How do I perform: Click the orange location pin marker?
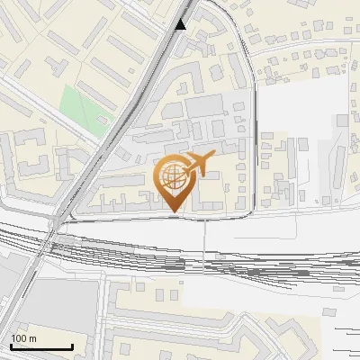tap(173, 180)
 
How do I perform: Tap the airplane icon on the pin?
tap(199, 165)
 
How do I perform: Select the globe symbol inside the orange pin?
tap(172, 175)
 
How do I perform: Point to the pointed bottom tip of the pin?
tap(173, 212)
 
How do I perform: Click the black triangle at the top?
tap(182, 24)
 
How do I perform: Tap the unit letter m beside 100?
tap(32, 338)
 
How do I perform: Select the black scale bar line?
tap(41, 347)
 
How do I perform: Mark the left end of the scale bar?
tap(12, 347)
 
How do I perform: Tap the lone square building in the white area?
tap(342, 120)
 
